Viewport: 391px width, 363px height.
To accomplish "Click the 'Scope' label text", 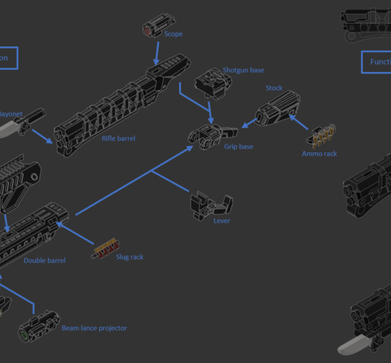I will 173,34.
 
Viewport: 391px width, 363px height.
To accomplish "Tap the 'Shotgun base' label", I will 243,70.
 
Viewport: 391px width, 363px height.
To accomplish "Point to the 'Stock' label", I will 274,89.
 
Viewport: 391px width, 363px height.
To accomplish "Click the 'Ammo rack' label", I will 319,154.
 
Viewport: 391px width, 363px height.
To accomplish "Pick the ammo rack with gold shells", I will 321,136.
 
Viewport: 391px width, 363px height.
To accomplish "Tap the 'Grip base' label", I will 238,146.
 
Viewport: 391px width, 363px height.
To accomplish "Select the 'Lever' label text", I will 221,221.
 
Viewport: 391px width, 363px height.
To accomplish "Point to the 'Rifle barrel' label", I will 118,139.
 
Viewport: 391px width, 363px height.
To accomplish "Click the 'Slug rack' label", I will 129,257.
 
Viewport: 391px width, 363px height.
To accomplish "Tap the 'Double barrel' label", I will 44,261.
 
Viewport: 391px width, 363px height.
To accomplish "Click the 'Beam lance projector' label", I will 94,328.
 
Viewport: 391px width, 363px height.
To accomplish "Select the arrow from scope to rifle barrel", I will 156,52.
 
